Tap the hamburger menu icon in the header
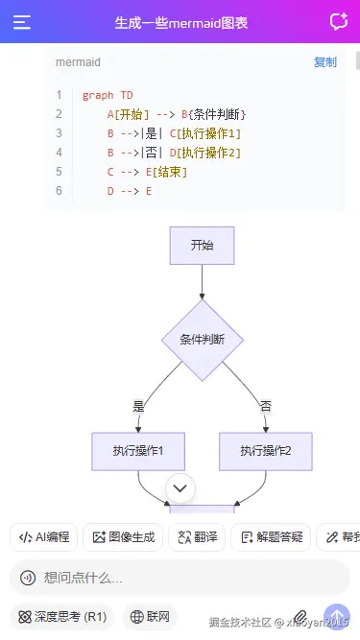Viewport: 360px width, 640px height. click(x=22, y=22)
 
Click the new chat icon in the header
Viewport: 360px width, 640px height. click(x=338, y=22)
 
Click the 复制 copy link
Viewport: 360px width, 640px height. click(x=325, y=62)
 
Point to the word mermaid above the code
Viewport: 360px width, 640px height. click(x=78, y=62)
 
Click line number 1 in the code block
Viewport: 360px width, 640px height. click(x=59, y=95)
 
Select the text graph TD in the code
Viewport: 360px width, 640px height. click(x=108, y=95)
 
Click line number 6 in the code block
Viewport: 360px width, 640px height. click(x=59, y=191)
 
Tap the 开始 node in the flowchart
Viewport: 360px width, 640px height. click(x=202, y=245)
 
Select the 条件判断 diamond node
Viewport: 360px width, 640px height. click(x=202, y=340)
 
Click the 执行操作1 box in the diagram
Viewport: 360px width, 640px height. click(x=138, y=450)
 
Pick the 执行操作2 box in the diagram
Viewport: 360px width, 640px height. click(x=266, y=450)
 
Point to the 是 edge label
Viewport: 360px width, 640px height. click(x=138, y=406)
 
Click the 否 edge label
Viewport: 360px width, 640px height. click(x=266, y=406)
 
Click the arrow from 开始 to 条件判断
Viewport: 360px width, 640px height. click(x=202, y=281)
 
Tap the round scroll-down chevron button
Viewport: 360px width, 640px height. click(x=180, y=488)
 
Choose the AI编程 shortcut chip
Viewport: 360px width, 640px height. click(x=44, y=537)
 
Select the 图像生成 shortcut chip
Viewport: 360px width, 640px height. click(x=123, y=537)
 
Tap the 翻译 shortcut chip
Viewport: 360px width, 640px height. click(x=197, y=537)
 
